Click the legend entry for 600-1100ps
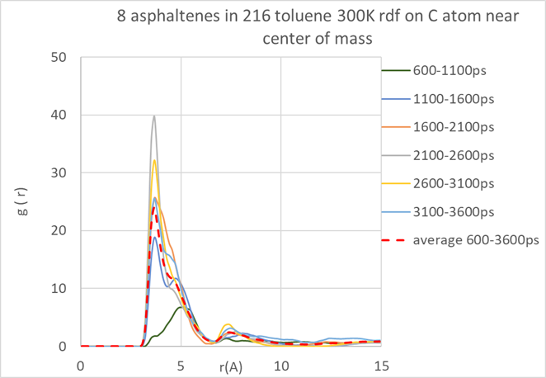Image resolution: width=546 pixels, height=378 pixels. point(450,71)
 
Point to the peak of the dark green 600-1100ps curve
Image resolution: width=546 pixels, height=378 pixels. point(181,307)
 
